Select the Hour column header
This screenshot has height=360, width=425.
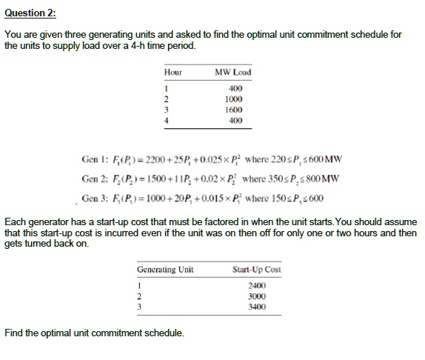[x=173, y=72]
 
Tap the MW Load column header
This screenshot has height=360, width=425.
[x=232, y=72]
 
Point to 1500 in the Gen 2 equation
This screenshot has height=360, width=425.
[x=158, y=179]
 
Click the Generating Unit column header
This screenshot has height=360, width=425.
[x=165, y=270]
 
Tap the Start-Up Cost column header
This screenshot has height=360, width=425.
[x=255, y=270]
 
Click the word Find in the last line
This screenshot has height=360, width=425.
[x=13, y=332]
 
